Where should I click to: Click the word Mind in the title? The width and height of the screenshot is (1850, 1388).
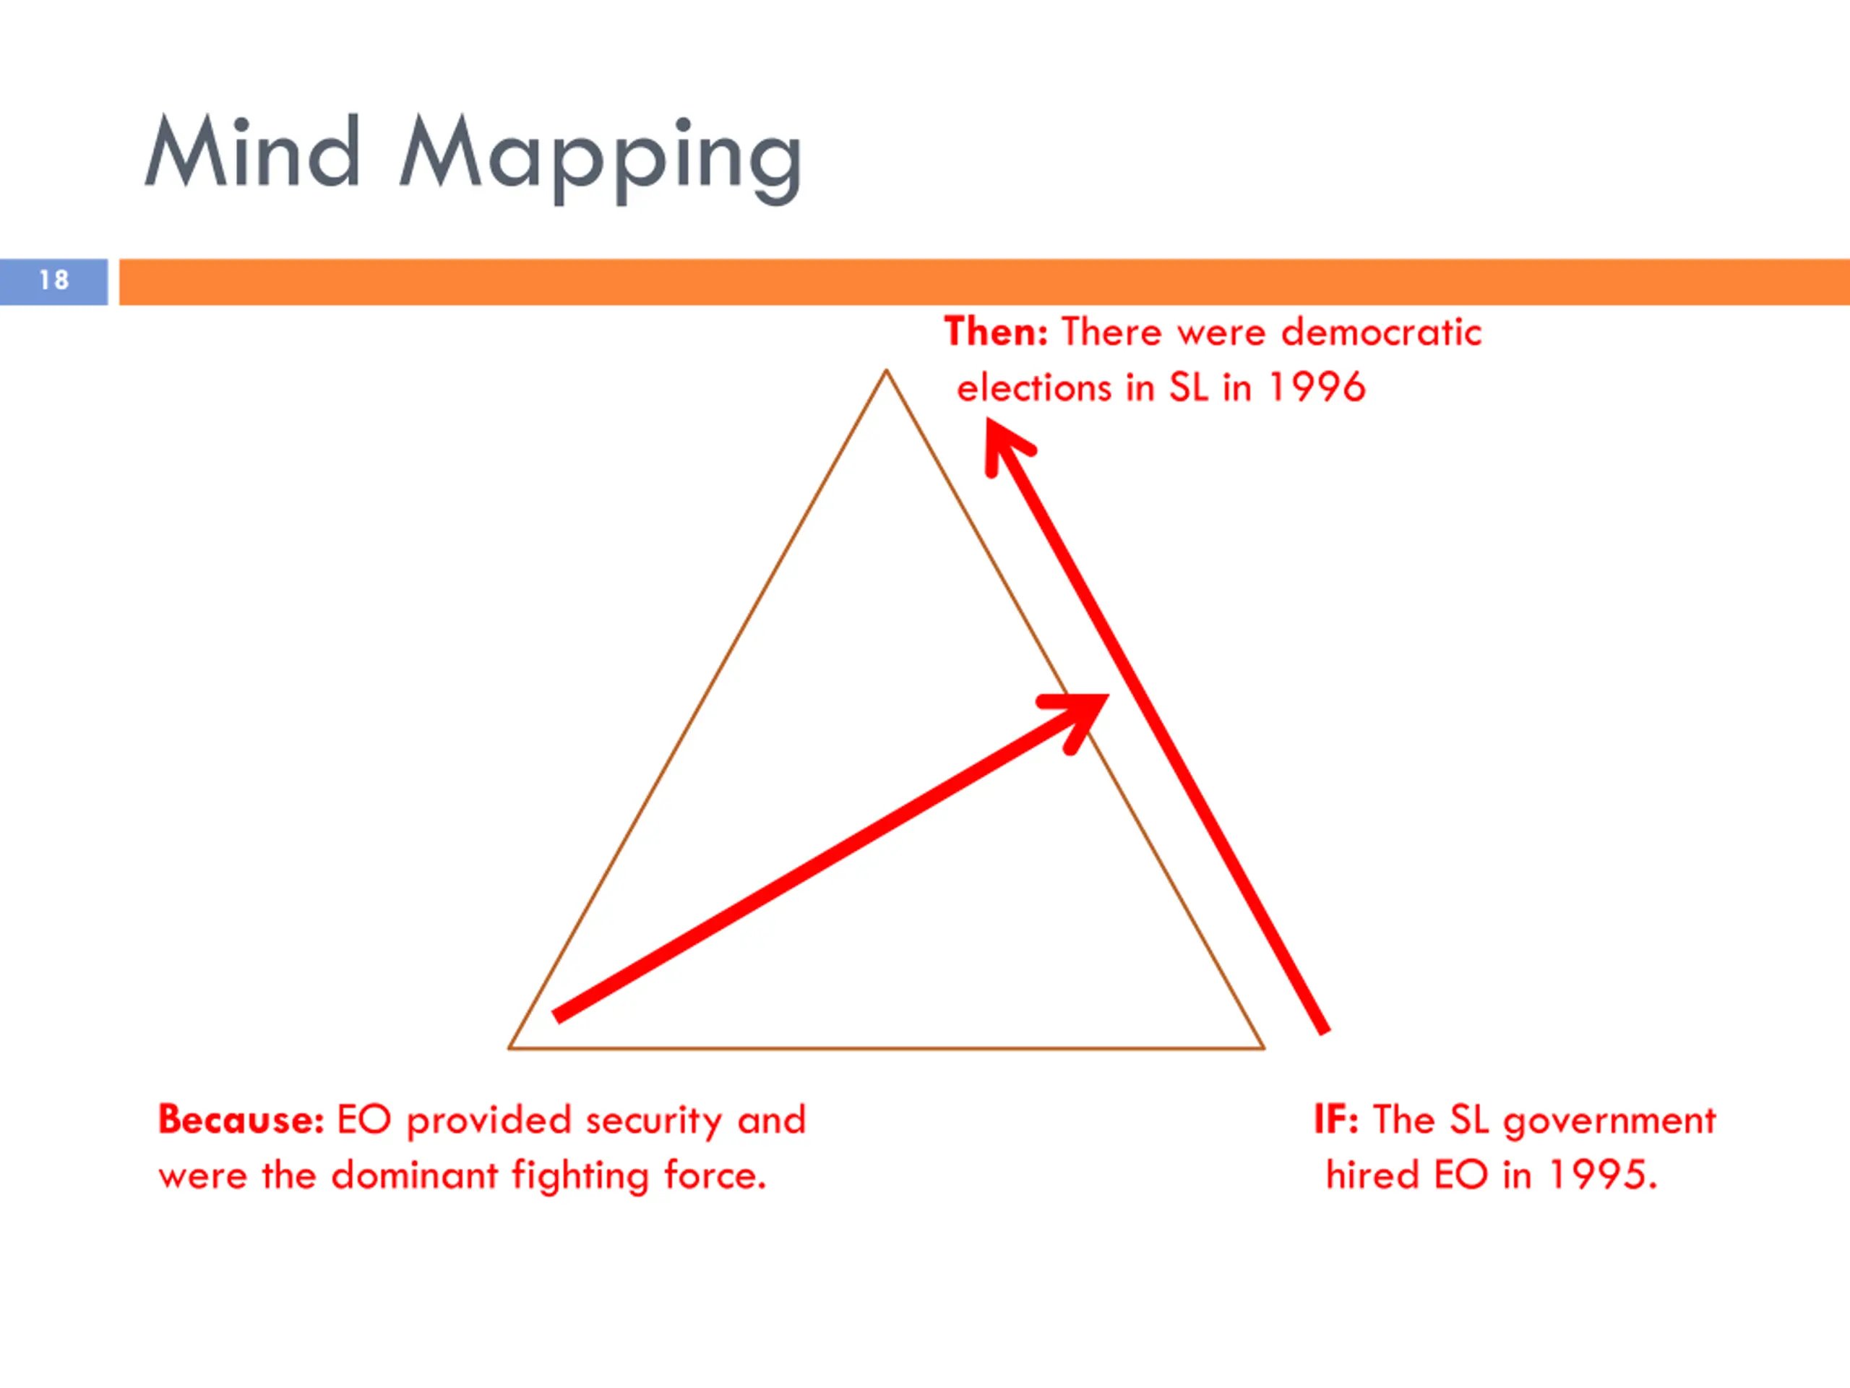click(x=253, y=153)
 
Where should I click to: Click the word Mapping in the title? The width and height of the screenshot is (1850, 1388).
click(x=601, y=158)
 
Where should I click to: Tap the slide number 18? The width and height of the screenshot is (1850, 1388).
click(x=53, y=280)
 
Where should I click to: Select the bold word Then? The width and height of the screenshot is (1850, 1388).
click(x=995, y=332)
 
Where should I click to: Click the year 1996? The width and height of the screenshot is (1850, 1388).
click(x=1317, y=388)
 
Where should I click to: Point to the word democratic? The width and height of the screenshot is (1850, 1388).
click(x=1381, y=332)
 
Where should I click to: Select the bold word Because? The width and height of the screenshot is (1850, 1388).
click(x=241, y=1119)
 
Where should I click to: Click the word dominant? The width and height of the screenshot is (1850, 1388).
click(x=414, y=1175)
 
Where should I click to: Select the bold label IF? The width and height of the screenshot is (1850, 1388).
click(x=1335, y=1119)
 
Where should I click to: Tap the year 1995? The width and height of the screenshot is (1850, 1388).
click(x=1601, y=1175)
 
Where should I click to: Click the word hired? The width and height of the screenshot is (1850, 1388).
click(x=1372, y=1175)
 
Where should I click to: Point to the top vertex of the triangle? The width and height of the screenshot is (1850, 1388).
click(x=887, y=371)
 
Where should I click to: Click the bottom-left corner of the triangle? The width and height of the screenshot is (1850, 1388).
click(x=510, y=1047)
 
